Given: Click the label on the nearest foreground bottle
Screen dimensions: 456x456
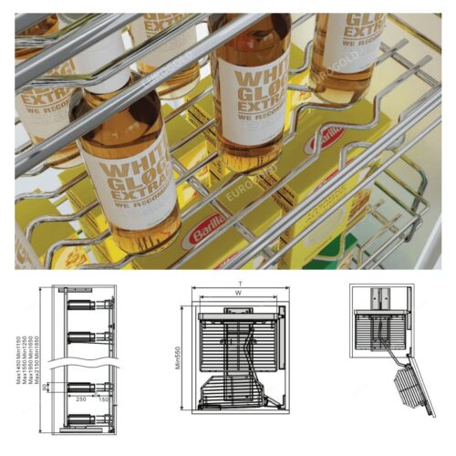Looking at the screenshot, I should click(137, 187).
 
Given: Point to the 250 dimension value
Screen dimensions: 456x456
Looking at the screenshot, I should click(81, 399).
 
